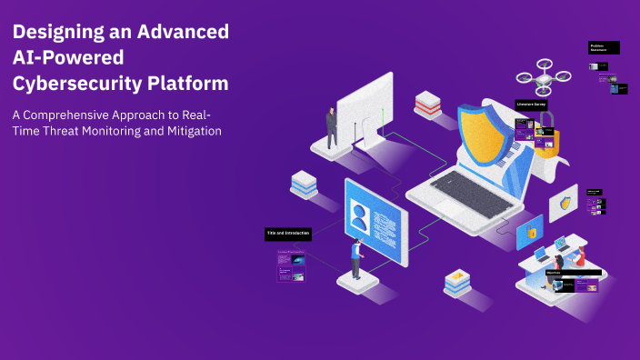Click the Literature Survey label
pyautogui.click(x=532, y=105)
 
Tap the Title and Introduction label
pyautogui.click(x=288, y=234)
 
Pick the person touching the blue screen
pyautogui.click(x=356, y=257)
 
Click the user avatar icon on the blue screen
pyautogui.click(x=360, y=216)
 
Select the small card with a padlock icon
pyautogui.click(x=530, y=233)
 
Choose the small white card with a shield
pyautogui.click(x=563, y=205)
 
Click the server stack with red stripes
pyautogui.click(x=427, y=104)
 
